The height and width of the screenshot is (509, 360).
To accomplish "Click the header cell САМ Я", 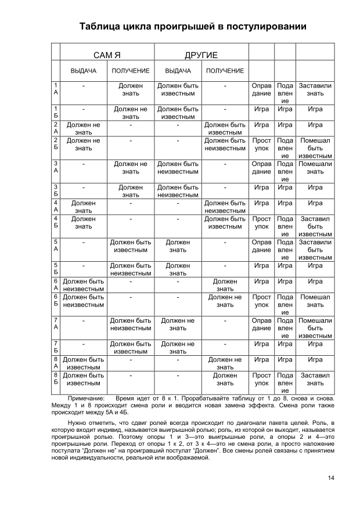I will [107, 56].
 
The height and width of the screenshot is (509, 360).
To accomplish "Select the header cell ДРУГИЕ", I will [201, 56].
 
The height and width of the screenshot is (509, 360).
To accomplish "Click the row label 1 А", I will [56, 89].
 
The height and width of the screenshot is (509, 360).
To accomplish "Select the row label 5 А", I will [56, 246].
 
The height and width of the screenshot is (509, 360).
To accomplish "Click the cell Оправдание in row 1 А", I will [261, 89].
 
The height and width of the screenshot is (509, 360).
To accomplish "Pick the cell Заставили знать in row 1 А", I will [315, 89].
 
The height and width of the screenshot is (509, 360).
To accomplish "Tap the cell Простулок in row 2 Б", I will [261, 145].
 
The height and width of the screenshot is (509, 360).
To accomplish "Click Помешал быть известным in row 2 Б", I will [315, 148].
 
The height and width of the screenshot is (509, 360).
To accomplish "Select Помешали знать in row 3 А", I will [315, 168].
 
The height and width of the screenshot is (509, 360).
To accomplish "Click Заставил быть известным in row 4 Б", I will [315, 226].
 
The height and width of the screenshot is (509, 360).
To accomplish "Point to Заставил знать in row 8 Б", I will [315, 379].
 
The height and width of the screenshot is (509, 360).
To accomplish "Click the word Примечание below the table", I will [86, 399].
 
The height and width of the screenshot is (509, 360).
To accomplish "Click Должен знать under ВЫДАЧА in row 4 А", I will [84, 207].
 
